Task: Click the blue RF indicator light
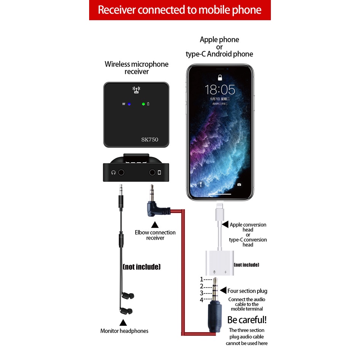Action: click(130, 104)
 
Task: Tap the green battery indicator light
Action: click(143, 104)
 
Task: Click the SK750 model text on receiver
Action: click(149, 139)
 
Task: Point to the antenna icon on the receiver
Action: click(136, 90)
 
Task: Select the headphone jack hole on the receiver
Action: click(121, 172)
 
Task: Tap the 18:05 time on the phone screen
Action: click(220, 90)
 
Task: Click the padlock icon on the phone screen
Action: click(220, 78)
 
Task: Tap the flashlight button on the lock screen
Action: click(201, 184)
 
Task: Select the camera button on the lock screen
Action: click(239, 184)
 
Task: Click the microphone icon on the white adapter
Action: click(214, 272)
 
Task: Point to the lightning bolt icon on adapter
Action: click(226, 272)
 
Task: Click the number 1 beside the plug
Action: click(202, 279)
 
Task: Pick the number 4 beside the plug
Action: click(202, 300)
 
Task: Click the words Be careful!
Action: click(247, 319)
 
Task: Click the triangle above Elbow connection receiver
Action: click(154, 225)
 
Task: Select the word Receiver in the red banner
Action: click(116, 10)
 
